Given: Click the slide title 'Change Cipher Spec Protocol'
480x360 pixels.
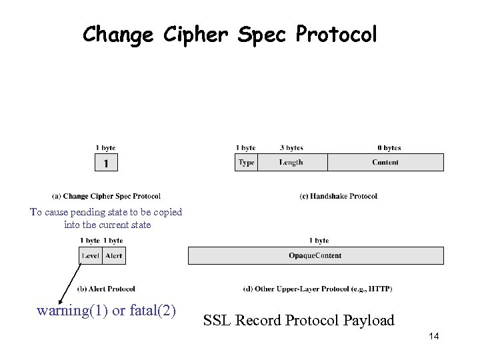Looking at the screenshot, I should click(x=229, y=34).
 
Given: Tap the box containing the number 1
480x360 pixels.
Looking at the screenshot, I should click(x=105, y=163).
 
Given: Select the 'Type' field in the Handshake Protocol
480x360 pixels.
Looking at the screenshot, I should click(x=246, y=163).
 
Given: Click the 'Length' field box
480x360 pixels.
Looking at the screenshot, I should click(x=292, y=163).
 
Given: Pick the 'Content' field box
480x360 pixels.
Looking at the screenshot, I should click(x=385, y=163).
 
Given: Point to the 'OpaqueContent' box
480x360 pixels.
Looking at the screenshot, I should click(x=315, y=256).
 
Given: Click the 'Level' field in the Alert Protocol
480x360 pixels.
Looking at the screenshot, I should click(x=91, y=256).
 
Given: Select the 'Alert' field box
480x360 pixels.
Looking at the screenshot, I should click(x=114, y=256).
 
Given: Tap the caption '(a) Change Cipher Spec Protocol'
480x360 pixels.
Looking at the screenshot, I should click(x=106, y=196).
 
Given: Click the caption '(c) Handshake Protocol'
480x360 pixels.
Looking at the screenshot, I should click(x=339, y=196).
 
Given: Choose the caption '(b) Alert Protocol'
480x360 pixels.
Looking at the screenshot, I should click(x=106, y=289).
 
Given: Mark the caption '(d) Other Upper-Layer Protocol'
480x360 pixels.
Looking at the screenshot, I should click(x=317, y=289).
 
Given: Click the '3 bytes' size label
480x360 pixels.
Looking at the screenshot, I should click(x=291, y=148).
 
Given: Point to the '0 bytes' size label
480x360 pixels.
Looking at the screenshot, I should click(x=389, y=148).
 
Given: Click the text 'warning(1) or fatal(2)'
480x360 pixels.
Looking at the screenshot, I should click(x=107, y=311).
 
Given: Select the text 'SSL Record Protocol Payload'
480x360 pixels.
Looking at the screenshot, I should click(x=299, y=321).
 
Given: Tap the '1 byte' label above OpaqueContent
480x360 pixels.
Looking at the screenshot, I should click(x=319, y=241).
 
